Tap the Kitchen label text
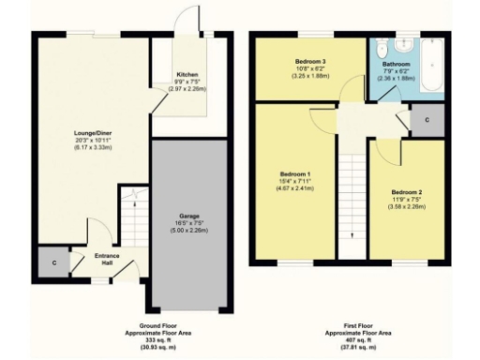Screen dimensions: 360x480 coord(187,75)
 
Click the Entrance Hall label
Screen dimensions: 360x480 coord(106,259)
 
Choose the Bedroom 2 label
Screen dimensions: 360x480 coord(407,190)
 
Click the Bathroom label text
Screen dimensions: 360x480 coord(396,65)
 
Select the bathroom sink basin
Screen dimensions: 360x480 coord(382,48)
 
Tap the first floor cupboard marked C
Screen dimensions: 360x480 coord(427,120)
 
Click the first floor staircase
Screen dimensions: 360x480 coord(352,206)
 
